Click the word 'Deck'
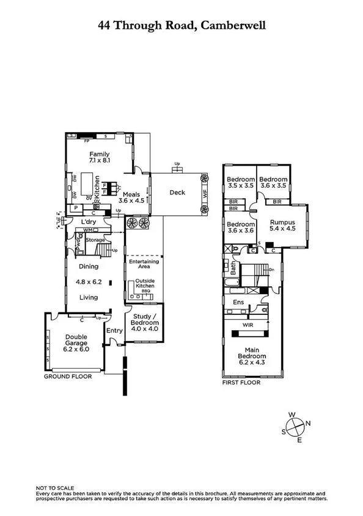(177, 193)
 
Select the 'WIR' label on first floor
(248, 326)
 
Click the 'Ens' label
(239, 302)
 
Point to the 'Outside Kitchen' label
(144, 283)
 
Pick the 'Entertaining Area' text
(144, 264)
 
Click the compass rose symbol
(296, 426)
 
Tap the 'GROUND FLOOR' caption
(67, 377)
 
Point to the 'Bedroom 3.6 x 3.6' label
(240, 227)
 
